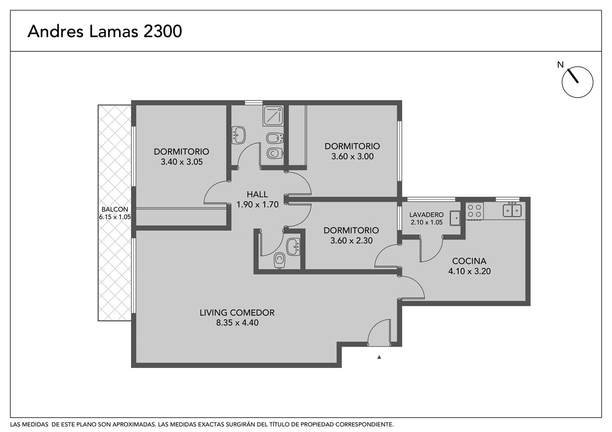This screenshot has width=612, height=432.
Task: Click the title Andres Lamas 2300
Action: coord(105,31)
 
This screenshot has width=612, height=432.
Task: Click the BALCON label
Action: coord(115,209)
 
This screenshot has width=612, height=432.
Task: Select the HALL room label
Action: coord(257,194)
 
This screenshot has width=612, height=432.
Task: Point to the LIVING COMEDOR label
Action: coord(237,312)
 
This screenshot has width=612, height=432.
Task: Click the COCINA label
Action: coord(469,261)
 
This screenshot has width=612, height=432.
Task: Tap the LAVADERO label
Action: coord(426,215)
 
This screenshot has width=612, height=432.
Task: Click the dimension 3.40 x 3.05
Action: coord(182,162)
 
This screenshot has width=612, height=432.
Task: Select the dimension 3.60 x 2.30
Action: coord(351,241)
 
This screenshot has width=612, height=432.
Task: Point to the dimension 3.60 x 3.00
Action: coord(352,157)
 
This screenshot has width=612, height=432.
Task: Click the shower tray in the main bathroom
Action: coord(273,116)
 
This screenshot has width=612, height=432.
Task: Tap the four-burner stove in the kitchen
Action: coord(474,211)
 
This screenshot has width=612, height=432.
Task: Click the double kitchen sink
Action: coord(512,210)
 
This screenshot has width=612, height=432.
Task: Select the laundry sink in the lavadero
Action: coord(455,218)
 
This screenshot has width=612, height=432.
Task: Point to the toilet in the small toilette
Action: coord(279,261)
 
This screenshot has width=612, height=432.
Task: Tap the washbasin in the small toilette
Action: coord(293,247)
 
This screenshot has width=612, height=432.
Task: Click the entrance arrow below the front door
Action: coord(379,357)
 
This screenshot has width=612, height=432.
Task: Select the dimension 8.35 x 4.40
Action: coord(237,323)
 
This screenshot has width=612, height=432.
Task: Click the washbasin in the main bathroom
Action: coord(238,135)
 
